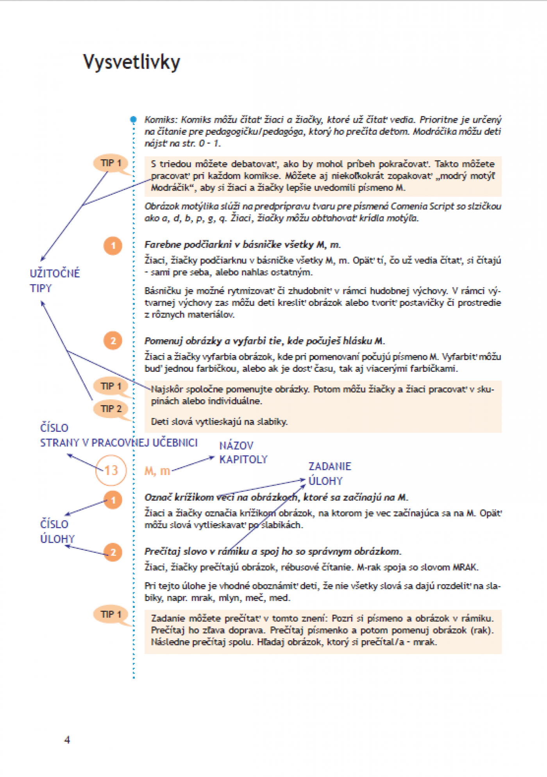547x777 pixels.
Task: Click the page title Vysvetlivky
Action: tap(132, 62)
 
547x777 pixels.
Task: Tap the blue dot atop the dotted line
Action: tap(134, 119)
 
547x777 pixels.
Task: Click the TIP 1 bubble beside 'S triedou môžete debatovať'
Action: tap(111, 163)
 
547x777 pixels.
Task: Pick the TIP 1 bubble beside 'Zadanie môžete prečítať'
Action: tap(111, 614)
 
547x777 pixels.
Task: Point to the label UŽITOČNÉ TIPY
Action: tap(55, 280)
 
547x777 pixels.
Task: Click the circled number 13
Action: tap(111, 470)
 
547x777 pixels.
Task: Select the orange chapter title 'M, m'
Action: tap(157, 471)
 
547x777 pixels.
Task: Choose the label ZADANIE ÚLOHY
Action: tap(330, 473)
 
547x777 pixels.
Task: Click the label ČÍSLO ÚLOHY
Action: tap(57, 531)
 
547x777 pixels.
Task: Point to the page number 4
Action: tap(67, 740)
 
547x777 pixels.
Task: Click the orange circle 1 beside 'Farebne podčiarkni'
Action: tap(113, 246)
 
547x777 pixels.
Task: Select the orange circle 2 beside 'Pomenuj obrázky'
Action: tap(113, 341)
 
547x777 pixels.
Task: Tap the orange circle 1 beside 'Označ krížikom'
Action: tap(113, 500)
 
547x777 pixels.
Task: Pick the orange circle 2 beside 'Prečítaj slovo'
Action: tap(113, 552)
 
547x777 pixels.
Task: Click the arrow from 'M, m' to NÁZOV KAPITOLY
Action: tap(193, 464)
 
